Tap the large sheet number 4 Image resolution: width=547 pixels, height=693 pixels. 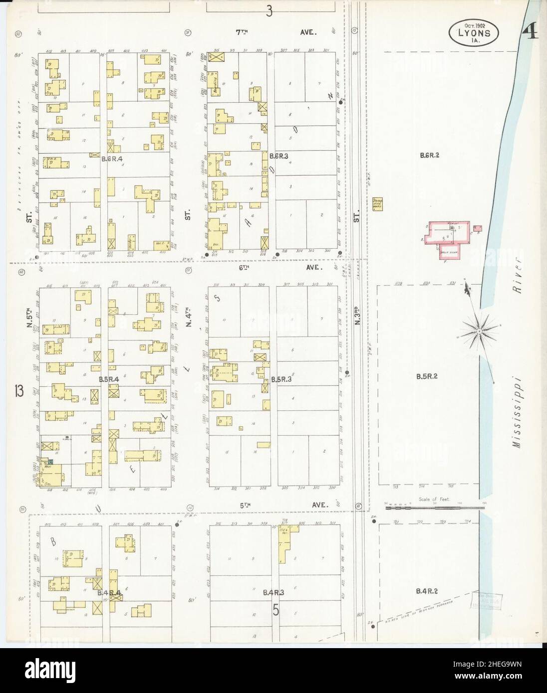pyautogui.click(x=530, y=33)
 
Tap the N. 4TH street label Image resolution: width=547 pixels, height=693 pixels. pyautogui.click(x=189, y=318)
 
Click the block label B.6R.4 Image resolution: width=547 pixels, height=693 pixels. pyautogui.click(x=111, y=159)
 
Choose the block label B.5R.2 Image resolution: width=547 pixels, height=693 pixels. pyautogui.click(x=427, y=376)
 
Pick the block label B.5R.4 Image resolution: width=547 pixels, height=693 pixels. pyautogui.click(x=109, y=380)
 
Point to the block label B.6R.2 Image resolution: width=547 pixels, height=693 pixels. pyautogui.click(x=429, y=156)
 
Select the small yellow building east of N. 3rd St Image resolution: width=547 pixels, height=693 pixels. pyautogui.click(x=377, y=204)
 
